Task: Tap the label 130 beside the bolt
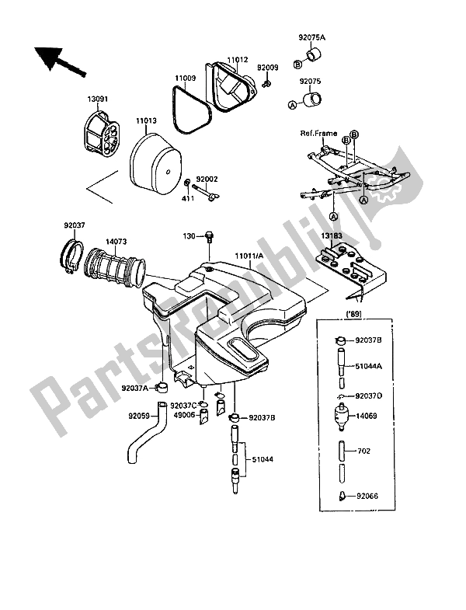point(190,235)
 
